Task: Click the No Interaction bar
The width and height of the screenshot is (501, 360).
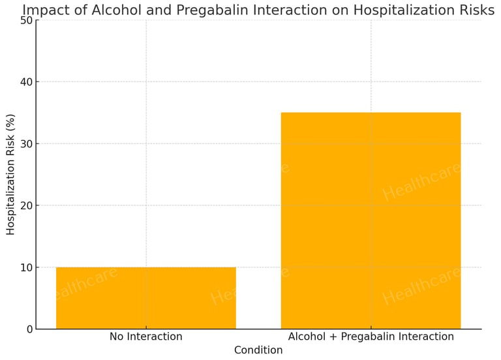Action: coord(145,298)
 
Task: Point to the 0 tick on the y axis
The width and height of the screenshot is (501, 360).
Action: coord(28,329)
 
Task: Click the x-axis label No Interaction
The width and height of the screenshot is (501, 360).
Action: coord(145,337)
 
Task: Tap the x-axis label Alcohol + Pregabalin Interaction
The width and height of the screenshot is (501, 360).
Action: coord(371,337)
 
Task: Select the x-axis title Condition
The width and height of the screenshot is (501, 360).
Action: coord(258,350)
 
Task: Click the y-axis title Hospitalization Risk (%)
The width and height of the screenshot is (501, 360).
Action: coord(10,174)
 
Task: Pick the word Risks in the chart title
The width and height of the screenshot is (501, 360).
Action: coord(477,10)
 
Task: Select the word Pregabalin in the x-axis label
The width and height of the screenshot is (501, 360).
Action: coord(370,337)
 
